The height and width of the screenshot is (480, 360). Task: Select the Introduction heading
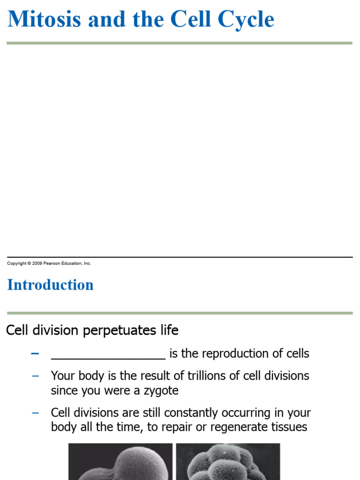point(50,285)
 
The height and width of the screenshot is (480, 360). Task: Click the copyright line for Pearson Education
point(49,263)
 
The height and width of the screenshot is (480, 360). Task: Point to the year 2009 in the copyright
point(37,263)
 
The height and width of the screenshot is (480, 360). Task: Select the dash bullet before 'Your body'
point(35,376)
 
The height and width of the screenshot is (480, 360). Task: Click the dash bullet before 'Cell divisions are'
point(35,413)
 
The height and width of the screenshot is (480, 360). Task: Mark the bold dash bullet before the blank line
point(35,353)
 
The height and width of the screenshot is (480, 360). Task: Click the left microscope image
point(120,462)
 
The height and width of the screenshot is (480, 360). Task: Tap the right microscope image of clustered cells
point(228,462)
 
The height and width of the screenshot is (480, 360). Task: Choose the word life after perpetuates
point(169,330)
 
